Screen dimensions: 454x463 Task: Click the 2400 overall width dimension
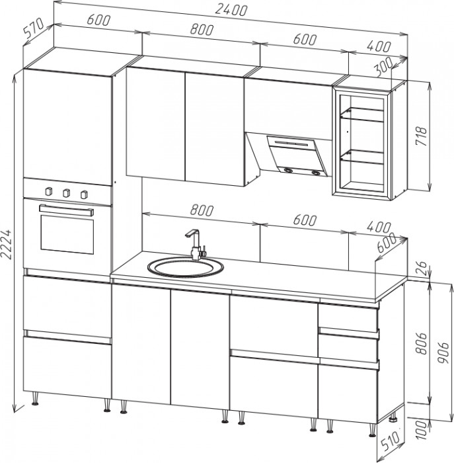tap(231, 9)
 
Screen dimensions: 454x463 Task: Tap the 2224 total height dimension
tap(7, 244)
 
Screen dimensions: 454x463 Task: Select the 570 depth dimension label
tap(34, 28)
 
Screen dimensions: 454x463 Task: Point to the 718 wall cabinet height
tap(421, 136)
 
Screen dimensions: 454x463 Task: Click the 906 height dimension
tap(443, 353)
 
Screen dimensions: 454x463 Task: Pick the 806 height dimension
tap(421, 343)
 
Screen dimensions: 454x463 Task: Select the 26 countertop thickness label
tap(422, 268)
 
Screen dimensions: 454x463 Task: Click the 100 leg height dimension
tap(422, 430)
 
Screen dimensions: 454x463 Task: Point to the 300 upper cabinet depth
tap(383, 66)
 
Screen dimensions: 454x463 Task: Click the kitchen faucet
tap(195, 245)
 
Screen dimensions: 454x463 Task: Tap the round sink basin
tap(185, 267)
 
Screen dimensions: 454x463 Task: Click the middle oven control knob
tap(67, 193)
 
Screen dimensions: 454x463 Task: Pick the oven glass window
tap(67, 234)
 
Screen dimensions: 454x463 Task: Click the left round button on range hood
tap(287, 171)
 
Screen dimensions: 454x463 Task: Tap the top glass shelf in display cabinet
tap(363, 114)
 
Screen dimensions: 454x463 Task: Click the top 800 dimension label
tap(202, 30)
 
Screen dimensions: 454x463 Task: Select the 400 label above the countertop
tap(379, 227)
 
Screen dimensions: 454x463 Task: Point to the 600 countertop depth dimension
tap(387, 242)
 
